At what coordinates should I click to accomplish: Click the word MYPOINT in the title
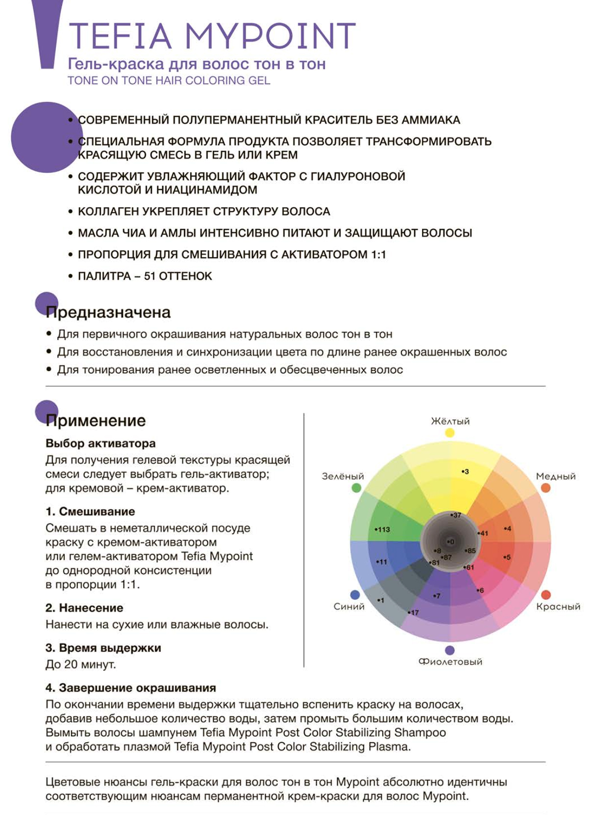[270, 36]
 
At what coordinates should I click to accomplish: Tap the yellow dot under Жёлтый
[450, 433]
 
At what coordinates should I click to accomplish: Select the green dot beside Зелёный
[356, 488]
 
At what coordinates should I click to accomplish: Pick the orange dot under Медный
[545, 488]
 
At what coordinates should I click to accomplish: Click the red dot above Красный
[546, 595]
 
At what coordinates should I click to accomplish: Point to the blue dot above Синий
[355, 595]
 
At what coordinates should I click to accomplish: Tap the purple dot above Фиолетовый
[450, 650]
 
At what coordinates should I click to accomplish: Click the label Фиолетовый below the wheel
[450, 661]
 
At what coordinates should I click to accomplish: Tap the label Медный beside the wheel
[556, 476]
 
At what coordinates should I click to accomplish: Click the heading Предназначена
[108, 312]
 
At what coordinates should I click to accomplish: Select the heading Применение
[96, 421]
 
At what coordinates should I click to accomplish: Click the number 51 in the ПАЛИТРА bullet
[150, 276]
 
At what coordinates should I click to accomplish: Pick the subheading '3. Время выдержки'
[103, 648]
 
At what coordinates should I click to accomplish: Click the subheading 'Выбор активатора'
[100, 444]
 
